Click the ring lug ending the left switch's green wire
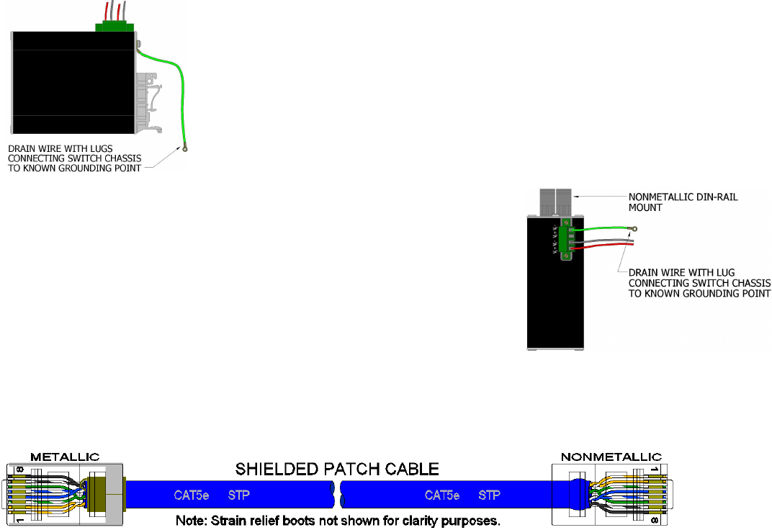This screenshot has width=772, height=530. pos(185,151)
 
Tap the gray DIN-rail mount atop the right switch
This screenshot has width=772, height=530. pos(555,202)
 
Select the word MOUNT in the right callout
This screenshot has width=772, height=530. pos(646,207)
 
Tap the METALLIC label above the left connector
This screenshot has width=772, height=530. pos(65,457)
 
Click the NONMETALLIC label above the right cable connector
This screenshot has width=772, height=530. pos(611,457)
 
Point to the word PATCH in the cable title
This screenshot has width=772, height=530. pos(338,470)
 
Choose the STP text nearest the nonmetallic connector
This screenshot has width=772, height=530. pos(489,495)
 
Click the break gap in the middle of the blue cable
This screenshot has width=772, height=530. pos(336,495)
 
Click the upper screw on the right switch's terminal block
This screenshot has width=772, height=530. pos(566,223)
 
